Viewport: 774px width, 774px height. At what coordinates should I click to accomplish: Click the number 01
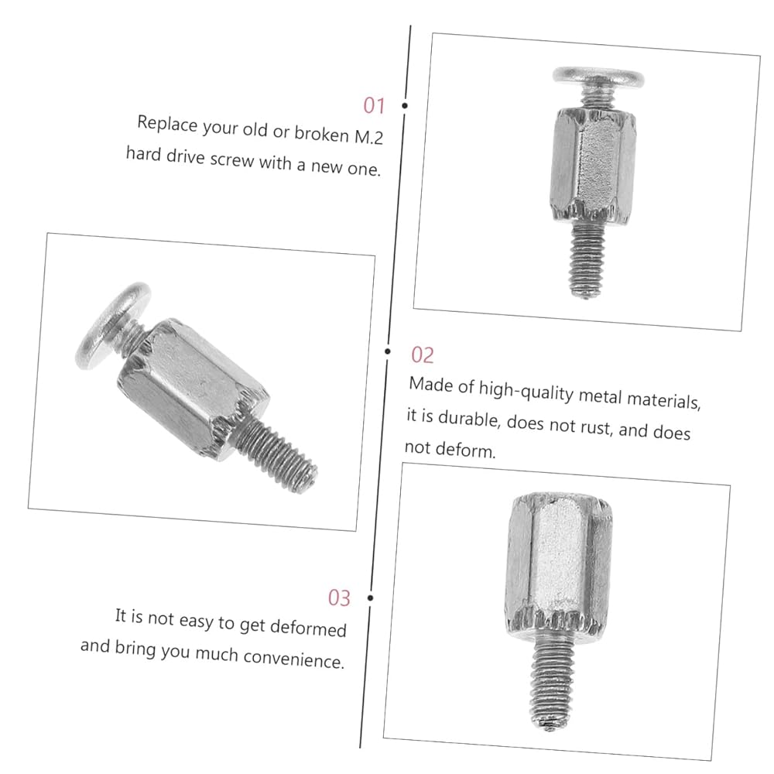pos(374,105)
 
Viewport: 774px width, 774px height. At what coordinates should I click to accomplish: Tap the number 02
pos(423,355)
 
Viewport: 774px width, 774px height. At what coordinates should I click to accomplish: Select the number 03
pos(339,598)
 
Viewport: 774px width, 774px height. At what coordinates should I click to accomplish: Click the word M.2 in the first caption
pos(368,136)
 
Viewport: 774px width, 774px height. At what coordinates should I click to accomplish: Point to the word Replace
pos(167,123)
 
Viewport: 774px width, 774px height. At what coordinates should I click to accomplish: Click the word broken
pos(321,134)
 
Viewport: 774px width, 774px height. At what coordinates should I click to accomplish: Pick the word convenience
pos(293,659)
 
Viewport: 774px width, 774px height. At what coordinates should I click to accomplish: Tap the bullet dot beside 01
pos(405,105)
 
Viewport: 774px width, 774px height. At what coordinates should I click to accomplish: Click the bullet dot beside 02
pos(388,351)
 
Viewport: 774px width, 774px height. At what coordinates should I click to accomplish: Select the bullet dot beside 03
pos(370,598)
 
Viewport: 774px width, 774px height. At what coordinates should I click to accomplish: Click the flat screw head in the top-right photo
pos(598,77)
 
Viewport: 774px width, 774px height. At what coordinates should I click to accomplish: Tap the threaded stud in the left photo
pos(276,452)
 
